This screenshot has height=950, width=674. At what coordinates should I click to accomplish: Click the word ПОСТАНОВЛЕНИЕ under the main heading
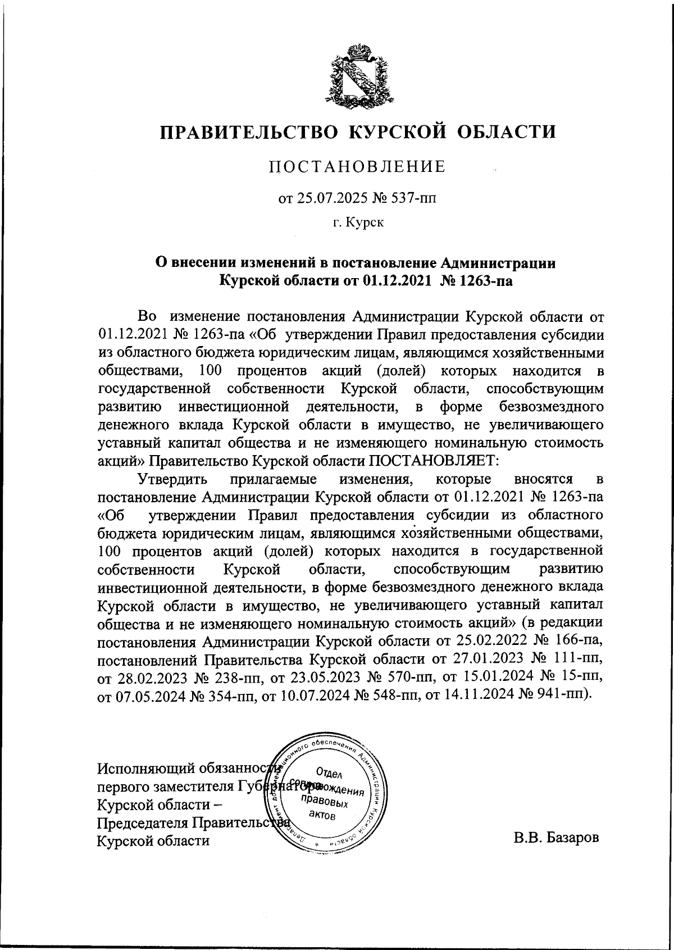click(358, 167)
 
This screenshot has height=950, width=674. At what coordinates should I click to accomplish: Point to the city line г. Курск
click(358, 223)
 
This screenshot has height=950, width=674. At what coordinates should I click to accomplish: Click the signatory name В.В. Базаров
click(556, 838)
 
